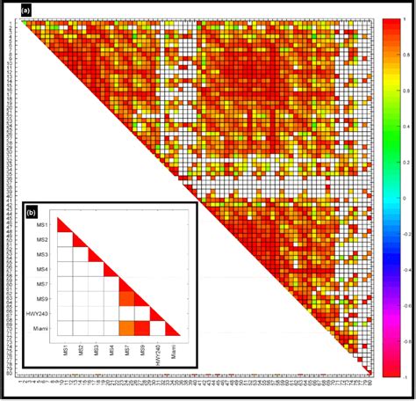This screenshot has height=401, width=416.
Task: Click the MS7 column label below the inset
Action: [x=127, y=352]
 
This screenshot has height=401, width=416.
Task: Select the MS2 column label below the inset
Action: [x=82, y=352]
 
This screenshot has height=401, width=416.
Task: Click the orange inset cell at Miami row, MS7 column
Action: [x=127, y=328]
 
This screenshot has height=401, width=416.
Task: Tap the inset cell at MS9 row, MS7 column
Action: [x=127, y=298]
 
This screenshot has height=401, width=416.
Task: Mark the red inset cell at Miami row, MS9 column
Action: [x=142, y=328]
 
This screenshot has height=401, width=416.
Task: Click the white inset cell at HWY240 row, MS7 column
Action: [x=127, y=313]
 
